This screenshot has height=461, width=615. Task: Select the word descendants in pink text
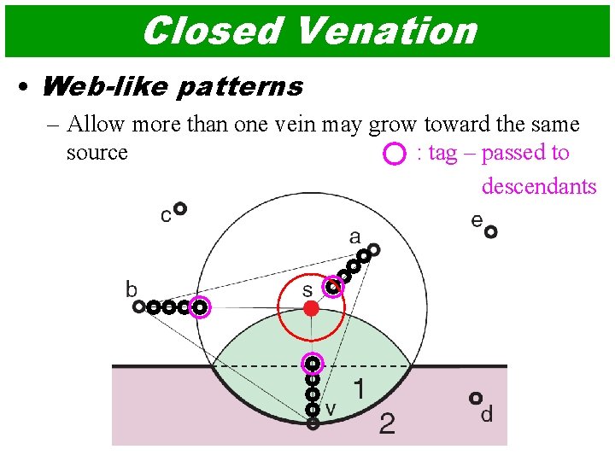coord(539,185)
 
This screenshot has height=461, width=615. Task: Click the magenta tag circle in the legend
coord(394,155)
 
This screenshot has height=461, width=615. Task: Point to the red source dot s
coord(312,308)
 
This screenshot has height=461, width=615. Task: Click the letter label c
coord(166,216)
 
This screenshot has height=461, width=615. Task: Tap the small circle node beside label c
coord(180,207)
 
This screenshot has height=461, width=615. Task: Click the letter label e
coord(477,220)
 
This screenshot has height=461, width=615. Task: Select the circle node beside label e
coord(490,230)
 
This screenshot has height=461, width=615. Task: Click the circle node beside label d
coord(475,398)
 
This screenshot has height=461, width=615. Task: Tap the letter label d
coord(487,416)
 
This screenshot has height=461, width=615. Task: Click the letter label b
coord(132,289)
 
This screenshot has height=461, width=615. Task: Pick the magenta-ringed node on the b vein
coord(199,306)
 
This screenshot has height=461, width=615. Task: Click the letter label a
coord(354,236)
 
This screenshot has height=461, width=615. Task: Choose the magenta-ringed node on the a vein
coord(333,288)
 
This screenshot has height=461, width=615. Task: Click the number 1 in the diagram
coord(360,390)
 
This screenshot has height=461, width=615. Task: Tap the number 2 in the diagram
coord(387,423)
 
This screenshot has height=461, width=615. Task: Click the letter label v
coord(331,409)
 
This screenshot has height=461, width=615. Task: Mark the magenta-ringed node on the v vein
coord(313,364)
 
